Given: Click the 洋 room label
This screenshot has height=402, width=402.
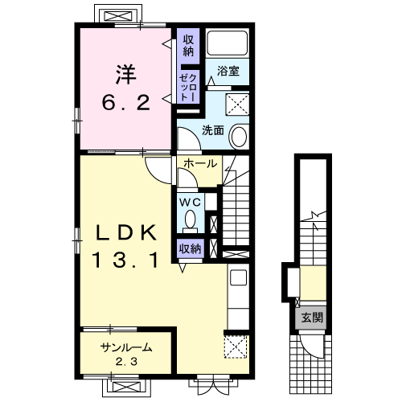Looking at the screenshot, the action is pyautogui.click(x=126, y=75).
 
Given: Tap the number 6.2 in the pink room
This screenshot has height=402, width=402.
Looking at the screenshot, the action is pyautogui.click(x=125, y=103).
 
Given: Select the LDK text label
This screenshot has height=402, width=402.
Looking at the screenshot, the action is pyautogui.click(x=126, y=233).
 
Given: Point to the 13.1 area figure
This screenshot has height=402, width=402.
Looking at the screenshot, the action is pyautogui.click(x=125, y=260).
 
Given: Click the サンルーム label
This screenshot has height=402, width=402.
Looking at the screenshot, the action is pyautogui.click(x=126, y=347).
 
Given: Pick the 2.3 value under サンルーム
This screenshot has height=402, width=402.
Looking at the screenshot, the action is pyautogui.click(x=126, y=362).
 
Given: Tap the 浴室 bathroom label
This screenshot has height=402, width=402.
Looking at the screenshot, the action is pyautogui.click(x=228, y=71).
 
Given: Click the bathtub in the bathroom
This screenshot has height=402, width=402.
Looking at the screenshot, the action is pyautogui.click(x=228, y=43).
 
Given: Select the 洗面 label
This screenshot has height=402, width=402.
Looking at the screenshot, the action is pyautogui.click(x=213, y=130).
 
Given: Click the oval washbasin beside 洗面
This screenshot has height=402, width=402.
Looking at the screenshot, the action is pyautogui.click(x=239, y=136).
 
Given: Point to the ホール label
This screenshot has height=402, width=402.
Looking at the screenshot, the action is pyautogui.click(x=200, y=163).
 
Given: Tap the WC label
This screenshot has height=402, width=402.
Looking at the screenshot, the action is pyautogui.click(x=190, y=203).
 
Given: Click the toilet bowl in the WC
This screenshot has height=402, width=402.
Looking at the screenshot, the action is pyautogui.click(x=191, y=219).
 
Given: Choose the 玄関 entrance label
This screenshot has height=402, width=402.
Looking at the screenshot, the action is pyautogui.click(x=312, y=318).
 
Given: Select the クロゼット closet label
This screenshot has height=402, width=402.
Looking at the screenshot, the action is pyautogui.click(x=188, y=88).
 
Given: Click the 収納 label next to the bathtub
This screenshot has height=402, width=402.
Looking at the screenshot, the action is pyautogui.click(x=188, y=46).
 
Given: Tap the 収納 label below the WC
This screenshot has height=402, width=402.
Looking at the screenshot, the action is pyautogui.click(x=190, y=249).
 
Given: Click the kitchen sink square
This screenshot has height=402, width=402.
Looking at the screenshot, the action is pyautogui.click(x=238, y=277).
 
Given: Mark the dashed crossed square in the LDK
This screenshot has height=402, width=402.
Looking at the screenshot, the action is pyautogui.click(x=236, y=347).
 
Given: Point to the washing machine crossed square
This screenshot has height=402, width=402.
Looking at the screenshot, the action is pyautogui.click(x=237, y=105).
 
